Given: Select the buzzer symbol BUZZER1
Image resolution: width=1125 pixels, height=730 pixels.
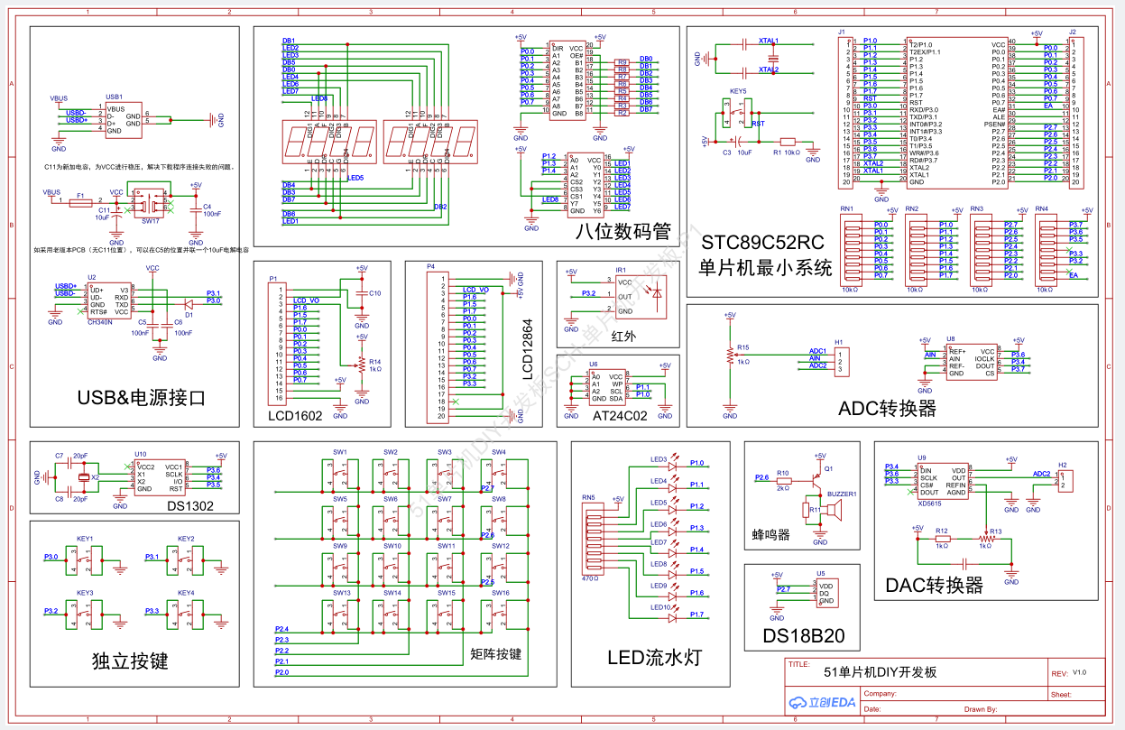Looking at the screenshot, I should coord(835,513).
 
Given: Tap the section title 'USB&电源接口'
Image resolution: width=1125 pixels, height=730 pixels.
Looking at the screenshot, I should coord(142,397).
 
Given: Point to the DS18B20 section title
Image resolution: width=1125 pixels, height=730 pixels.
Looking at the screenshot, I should coord(803,636).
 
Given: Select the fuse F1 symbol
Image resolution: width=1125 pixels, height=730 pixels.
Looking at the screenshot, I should coord(79,202).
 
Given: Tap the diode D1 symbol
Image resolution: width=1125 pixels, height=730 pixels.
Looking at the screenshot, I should coord(189,305).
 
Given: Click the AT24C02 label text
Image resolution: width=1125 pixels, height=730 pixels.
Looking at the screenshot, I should coord(620,416).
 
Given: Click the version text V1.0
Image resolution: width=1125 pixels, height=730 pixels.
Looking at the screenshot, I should coord(1080,672).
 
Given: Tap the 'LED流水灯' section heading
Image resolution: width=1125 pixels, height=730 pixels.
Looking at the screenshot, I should coord(654,657).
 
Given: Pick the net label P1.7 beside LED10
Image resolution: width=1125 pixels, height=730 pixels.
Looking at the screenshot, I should coord(696,614).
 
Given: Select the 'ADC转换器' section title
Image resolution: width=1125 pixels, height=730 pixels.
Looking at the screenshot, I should coord(887,408).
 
